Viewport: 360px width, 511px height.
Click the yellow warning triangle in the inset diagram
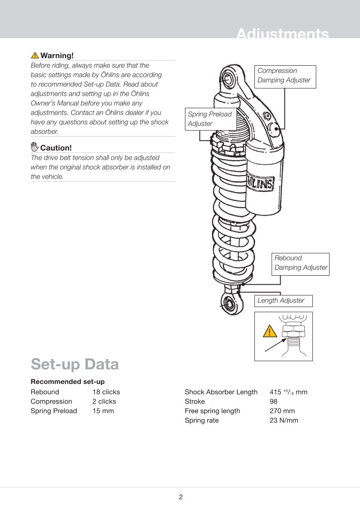pyautogui.click(x=270, y=332)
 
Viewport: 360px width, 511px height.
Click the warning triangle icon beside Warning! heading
pyautogui.click(x=35, y=55)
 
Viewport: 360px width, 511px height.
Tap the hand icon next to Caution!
pyautogui.click(x=34, y=147)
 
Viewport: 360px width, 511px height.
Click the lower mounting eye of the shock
pyautogui.click(x=230, y=304)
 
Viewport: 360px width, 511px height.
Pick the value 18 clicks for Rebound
pyautogui.click(x=106, y=392)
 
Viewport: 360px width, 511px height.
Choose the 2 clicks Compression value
pyautogui.click(x=104, y=401)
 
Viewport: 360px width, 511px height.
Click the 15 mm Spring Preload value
pyautogui.click(x=103, y=411)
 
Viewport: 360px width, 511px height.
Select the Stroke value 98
pyautogui.click(x=273, y=401)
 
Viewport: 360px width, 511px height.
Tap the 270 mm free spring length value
pyautogui.click(x=282, y=411)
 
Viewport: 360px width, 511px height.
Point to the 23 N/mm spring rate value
pyautogui.click(x=284, y=420)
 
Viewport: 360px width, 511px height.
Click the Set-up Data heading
pyautogui.click(x=75, y=364)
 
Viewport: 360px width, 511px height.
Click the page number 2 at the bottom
pyautogui.click(x=181, y=497)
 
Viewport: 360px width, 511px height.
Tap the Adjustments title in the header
pyautogui.click(x=282, y=33)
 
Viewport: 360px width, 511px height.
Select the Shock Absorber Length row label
pyautogui.click(x=221, y=392)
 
